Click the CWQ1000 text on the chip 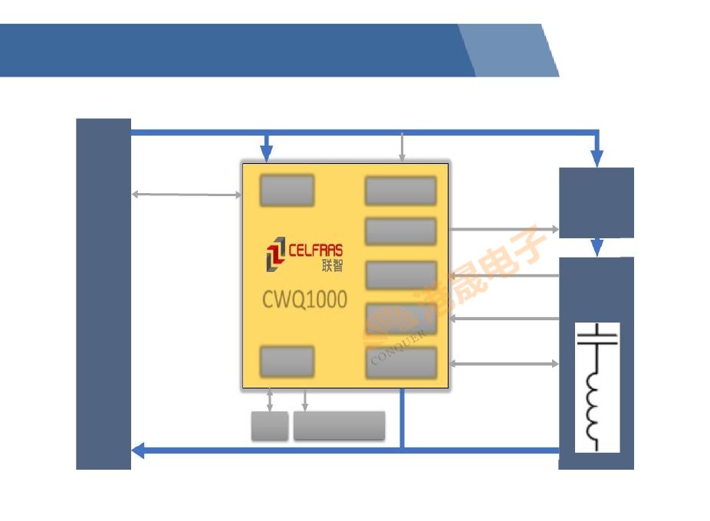[304, 299]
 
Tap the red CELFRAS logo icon [274, 255]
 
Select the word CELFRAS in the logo [316, 251]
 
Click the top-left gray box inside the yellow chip [287, 190]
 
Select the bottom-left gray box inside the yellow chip [287, 361]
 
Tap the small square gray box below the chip [270, 426]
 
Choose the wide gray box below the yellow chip [339, 426]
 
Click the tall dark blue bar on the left [104, 293]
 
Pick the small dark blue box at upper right [597, 202]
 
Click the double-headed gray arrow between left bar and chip [186, 195]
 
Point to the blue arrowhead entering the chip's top [266, 156]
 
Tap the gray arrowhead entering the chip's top [402, 157]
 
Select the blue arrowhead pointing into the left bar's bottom [138, 451]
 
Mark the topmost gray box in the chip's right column [400, 190]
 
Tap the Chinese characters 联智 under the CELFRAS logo [333, 266]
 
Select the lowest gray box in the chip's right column [400, 362]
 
